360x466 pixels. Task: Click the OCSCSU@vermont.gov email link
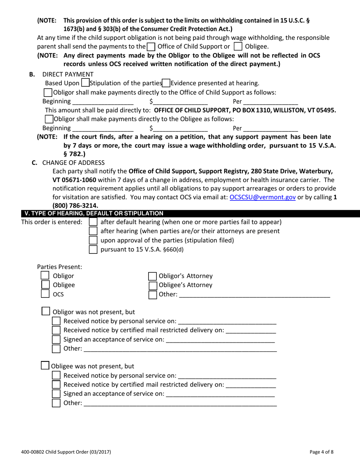(263, 197)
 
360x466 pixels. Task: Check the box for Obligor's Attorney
(152, 276)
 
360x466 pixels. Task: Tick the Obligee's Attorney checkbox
(152, 285)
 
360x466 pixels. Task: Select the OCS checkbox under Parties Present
(45, 294)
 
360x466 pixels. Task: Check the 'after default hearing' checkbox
(93, 222)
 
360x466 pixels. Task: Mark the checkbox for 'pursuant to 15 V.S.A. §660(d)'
(93, 249)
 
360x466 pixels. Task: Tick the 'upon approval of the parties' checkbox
(93, 240)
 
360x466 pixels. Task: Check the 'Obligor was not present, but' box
(45, 311)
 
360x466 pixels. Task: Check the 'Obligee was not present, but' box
(45, 366)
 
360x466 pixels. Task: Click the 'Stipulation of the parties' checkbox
(85, 83)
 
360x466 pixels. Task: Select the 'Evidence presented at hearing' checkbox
(166, 83)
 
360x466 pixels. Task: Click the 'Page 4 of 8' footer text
(321, 452)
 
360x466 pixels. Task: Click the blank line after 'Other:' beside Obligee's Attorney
(254, 295)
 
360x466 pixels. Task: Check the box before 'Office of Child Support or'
(150, 47)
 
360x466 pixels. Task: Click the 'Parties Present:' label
(59, 267)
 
